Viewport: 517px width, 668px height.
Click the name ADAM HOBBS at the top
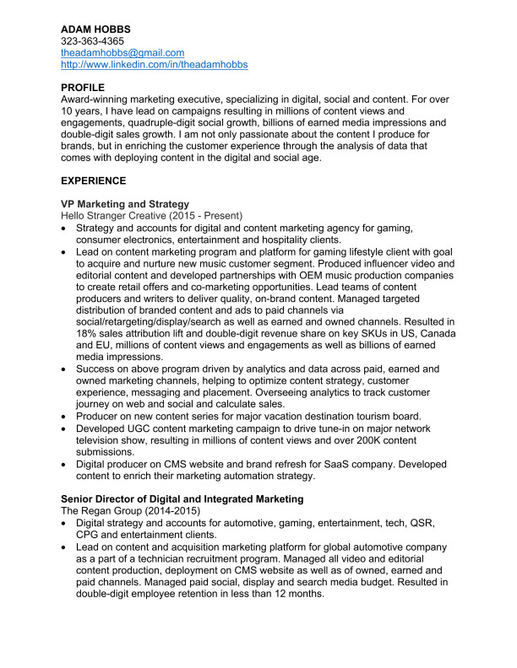(x=95, y=29)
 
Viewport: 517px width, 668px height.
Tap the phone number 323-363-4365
(x=93, y=40)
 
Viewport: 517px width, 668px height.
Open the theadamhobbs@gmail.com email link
(x=122, y=52)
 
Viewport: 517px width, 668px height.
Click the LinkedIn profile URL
(x=155, y=64)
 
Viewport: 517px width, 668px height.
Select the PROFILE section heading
(x=83, y=88)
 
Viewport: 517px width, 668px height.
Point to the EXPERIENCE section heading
(x=94, y=180)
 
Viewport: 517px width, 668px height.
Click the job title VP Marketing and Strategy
(x=125, y=204)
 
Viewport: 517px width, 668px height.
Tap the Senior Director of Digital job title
(x=182, y=499)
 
